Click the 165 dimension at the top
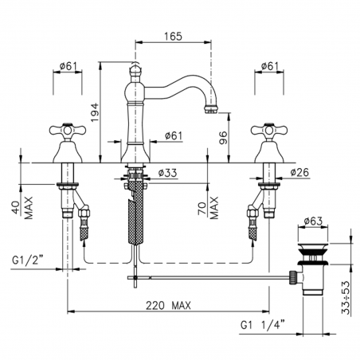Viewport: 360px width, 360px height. [x=174, y=36]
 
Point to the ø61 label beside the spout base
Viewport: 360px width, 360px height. [x=174, y=136]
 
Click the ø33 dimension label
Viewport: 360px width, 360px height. [x=166, y=173]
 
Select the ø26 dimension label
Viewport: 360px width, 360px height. [x=299, y=173]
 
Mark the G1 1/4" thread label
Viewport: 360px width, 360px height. [x=263, y=325]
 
